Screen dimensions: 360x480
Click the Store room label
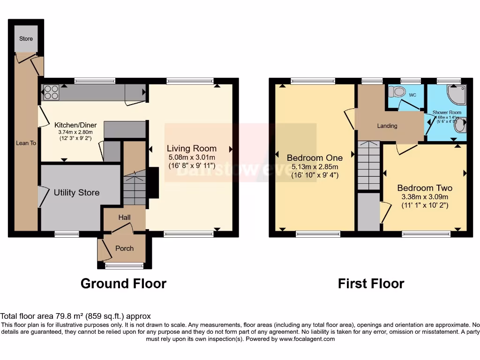point(26,38)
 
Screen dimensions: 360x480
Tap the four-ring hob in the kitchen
point(51,92)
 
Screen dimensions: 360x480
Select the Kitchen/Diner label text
point(75,125)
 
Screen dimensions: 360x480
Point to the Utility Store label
point(76,193)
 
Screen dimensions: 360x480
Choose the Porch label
point(124,248)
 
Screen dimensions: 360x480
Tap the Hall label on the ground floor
point(124,217)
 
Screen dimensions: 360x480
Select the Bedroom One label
point(315,157)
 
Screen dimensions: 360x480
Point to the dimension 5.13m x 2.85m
point(315,166)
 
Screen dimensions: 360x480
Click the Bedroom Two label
point(425,188)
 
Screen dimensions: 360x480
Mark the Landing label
point(387,126)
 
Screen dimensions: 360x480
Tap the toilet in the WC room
point(399,92)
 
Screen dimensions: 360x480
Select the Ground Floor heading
point(123,284)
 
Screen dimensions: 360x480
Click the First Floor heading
point(371,284)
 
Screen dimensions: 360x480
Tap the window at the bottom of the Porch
point(124,266)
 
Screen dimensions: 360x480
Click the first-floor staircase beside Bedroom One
point(368,165)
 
